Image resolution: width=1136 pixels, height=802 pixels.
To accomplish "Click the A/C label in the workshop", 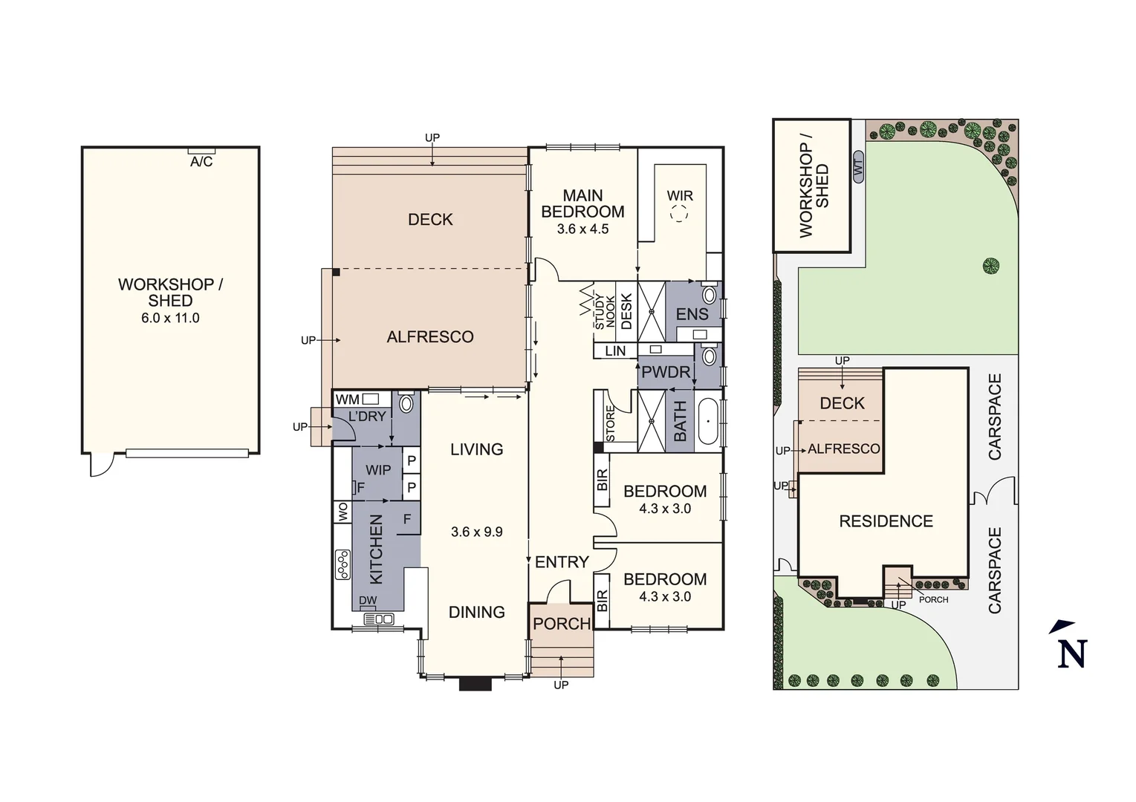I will (x=201, y=162).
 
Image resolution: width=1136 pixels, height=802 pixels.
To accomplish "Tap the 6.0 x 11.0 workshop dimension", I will (x=170, y=318).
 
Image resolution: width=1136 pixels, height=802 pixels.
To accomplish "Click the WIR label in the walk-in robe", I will (x=680, y=196).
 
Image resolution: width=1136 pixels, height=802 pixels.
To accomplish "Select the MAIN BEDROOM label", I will (x=582, y=203).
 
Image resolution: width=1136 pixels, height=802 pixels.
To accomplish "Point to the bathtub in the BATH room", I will (x=708, y=422).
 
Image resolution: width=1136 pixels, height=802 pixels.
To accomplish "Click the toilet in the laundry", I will (x=406, y=404).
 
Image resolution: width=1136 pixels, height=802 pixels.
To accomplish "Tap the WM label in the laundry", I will (x=348, y=400).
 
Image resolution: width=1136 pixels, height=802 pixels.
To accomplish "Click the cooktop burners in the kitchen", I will (x=343, y=564).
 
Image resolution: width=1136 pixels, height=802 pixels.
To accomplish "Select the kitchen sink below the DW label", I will (x=378, y=619).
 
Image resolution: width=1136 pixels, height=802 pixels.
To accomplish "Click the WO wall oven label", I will (x=343, y=512).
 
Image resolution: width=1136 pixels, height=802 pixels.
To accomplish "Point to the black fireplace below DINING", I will (x=476, y=682).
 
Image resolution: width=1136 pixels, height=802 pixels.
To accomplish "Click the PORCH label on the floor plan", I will (x=562, y=624).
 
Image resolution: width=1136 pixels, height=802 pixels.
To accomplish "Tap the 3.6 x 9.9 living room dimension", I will (x=477, y=532).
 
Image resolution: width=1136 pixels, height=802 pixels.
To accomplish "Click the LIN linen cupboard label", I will (x=615, y=351).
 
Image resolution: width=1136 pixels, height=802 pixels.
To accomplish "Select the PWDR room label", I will (x=666, y=372).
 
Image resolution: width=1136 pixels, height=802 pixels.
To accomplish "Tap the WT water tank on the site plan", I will (x=859, y=168).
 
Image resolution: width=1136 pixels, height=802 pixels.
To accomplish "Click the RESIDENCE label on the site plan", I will (x=886, y=521).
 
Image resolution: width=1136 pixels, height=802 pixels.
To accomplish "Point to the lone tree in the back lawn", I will (x=990, y=265).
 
